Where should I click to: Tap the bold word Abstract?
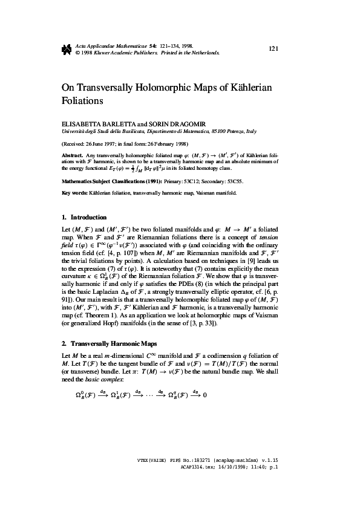[73, 155]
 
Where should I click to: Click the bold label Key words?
[76, 193]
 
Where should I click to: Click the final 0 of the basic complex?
[205, 395]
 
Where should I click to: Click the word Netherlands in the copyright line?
[203, 52]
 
